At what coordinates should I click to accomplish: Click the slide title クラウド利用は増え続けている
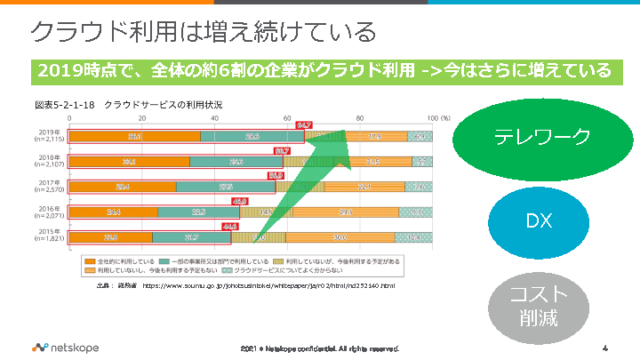(203, 33)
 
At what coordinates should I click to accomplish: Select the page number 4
(604, 347)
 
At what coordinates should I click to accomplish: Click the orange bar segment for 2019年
(134, 137)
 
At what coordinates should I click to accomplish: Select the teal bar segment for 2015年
(191, 237)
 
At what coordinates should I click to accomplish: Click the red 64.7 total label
(304, 125)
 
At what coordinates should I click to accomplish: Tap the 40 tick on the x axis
(214, 118)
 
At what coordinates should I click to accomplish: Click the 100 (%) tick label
(438, 118)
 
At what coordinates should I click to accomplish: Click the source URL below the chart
(267, 286)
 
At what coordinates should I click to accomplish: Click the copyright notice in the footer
(320, 348)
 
